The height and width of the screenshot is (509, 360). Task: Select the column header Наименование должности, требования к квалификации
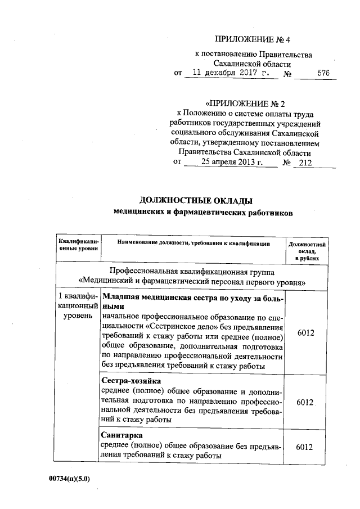click(x=193, y=243)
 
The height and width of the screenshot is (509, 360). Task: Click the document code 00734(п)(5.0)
click(x=69, y=478)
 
